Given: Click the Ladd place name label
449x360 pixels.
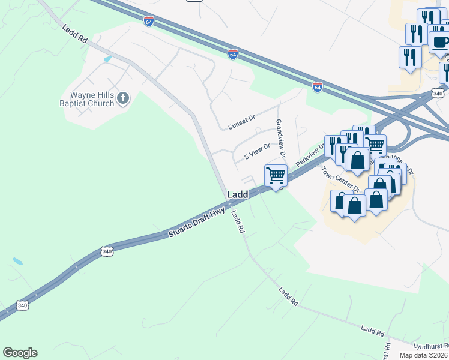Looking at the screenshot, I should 237,195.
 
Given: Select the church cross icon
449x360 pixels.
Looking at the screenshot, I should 123,98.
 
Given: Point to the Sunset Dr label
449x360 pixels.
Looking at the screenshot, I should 241,122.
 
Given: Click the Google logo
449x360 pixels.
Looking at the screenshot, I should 20,353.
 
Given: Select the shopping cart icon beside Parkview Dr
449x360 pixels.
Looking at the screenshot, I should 276,175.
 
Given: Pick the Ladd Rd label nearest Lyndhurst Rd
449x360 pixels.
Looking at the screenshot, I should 373,330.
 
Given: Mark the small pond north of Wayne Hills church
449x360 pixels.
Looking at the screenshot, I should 107,59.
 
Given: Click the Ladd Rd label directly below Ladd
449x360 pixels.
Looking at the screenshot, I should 238,223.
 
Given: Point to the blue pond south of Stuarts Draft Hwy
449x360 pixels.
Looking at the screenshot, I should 18,262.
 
